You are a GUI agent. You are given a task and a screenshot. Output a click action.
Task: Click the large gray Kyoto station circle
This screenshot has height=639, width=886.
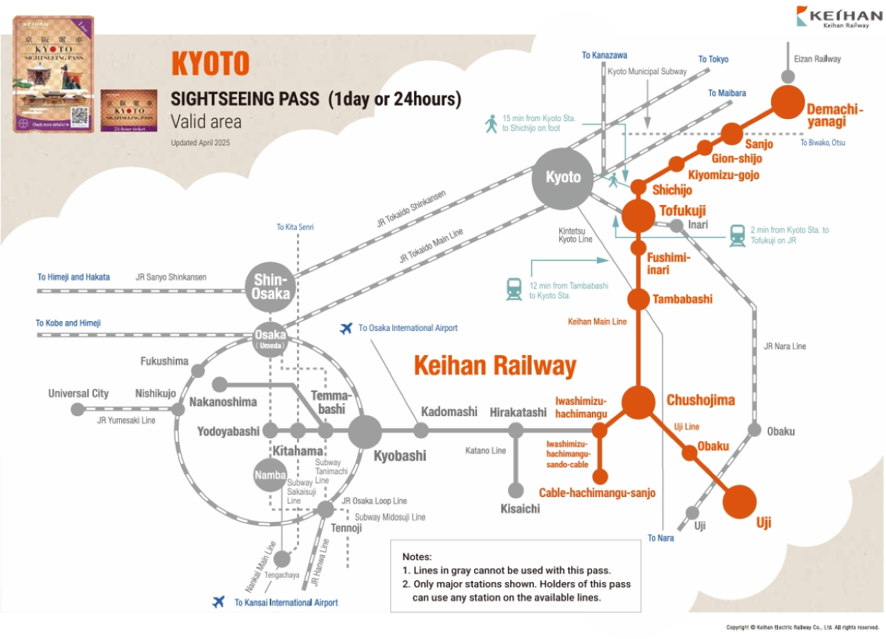(563, 178)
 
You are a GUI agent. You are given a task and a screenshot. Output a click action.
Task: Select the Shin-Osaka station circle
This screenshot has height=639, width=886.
(270, 285)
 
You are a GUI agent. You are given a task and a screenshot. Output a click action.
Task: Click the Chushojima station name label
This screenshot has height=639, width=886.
(700, 400)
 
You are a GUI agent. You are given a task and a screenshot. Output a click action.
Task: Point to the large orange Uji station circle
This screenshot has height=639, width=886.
(740, 501)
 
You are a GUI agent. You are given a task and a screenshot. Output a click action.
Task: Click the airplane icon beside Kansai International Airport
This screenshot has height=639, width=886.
(219, 602)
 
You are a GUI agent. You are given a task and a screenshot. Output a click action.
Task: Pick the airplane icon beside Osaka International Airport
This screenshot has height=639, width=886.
(347, 327)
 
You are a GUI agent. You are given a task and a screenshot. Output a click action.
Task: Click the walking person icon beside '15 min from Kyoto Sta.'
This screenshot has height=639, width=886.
(491, 124)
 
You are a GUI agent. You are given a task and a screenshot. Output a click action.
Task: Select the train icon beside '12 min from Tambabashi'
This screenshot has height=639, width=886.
(514, 289)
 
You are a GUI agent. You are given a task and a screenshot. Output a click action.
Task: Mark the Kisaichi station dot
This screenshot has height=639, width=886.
(516, 490)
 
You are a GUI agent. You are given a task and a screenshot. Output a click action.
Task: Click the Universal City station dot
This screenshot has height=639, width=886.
(78, 409)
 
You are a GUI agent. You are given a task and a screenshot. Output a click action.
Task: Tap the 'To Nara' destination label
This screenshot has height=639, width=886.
(660, 538)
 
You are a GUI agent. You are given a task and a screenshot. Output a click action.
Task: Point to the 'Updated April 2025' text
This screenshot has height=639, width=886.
(200, 143)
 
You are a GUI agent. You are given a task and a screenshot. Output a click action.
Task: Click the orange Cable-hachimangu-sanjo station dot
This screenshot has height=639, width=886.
(600, 476)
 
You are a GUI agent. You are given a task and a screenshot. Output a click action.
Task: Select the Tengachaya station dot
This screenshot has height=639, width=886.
(282, 559)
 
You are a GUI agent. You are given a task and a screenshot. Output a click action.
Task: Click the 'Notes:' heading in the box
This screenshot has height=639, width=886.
(417, 557)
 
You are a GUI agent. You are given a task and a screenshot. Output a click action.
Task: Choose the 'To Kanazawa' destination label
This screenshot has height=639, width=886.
(605, 55)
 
